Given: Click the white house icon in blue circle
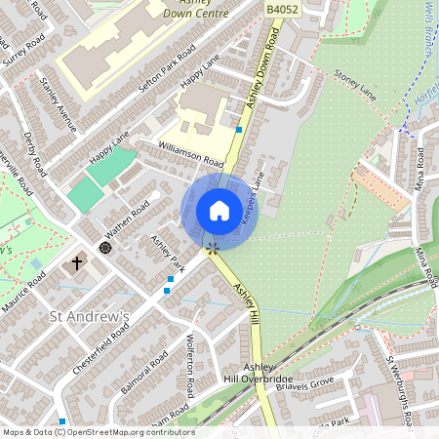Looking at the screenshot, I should [219, 211].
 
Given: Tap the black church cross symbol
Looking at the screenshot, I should [77, 263].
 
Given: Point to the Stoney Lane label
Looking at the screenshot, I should [354, 74].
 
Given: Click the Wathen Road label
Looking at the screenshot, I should [128, 221].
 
